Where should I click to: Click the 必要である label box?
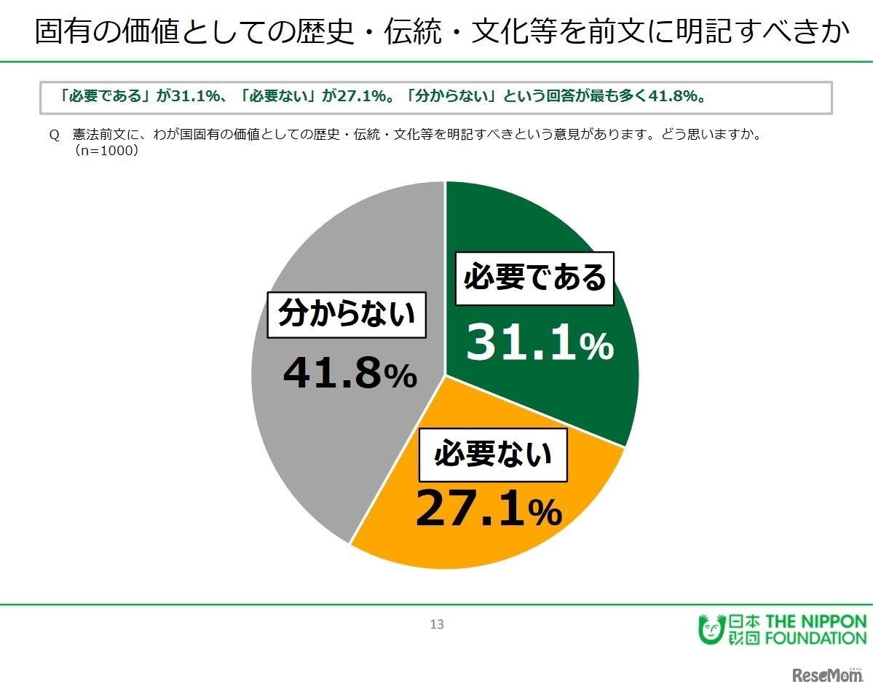click(x=534, y=278)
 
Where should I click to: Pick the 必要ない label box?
click(x=493, y=455)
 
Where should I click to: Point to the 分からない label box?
click(x=347, y=315)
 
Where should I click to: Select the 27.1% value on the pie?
click(x=489, y=509)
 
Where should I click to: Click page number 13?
click(x=437, y=624)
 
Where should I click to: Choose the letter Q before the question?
click(x=52, y=135)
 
